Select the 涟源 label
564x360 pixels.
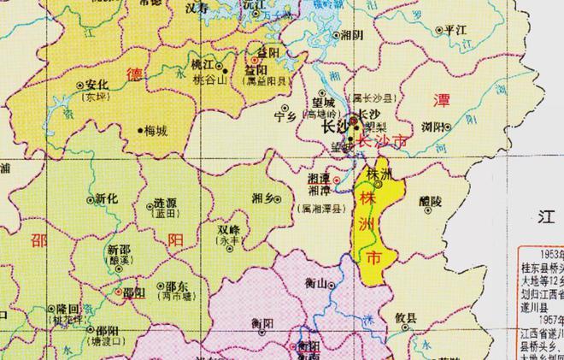pos(165,204)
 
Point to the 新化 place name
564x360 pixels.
pos(106,198)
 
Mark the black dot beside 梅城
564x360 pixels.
pos(141,131)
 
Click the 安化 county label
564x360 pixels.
pos(96,85)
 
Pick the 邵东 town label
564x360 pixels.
pos(177,286)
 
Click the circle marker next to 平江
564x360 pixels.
pos(439,30)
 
